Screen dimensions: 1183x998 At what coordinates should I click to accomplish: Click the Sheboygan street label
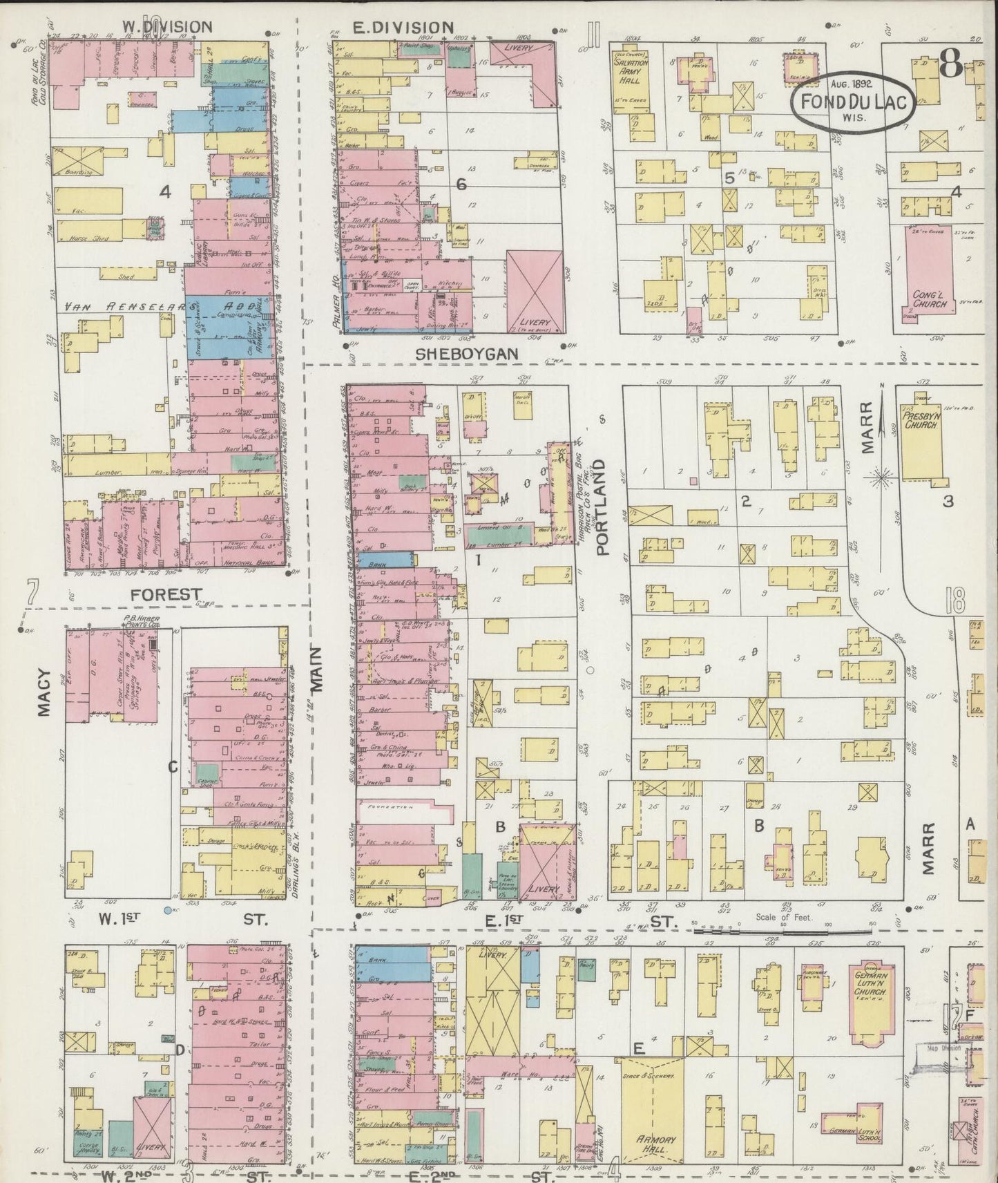tap(467, 354)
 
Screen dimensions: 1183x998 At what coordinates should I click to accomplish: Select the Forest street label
tap(166, 594)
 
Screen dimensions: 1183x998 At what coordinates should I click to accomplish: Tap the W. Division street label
tap(166, 27)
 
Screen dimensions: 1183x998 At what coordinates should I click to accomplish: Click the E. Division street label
tap(403, 27)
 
